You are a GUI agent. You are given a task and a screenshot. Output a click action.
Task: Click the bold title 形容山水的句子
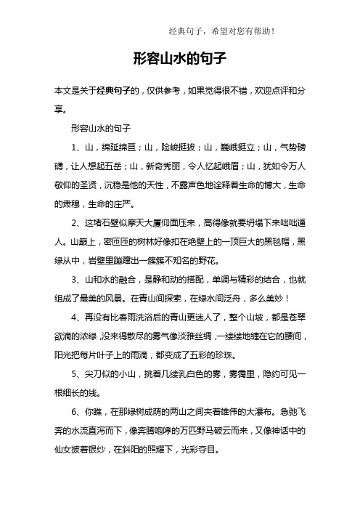[181, 58]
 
